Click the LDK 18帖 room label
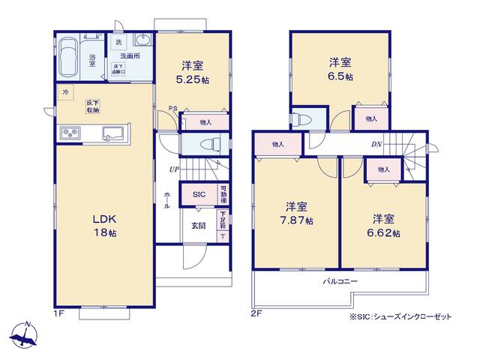tap(104, 225)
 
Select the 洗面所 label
tap(130, 55)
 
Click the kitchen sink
tap(114, 133)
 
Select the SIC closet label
tap(199, 194)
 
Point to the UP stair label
tap(174, 169)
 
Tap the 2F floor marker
tap(255, 313)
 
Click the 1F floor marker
tap(58, 313)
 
